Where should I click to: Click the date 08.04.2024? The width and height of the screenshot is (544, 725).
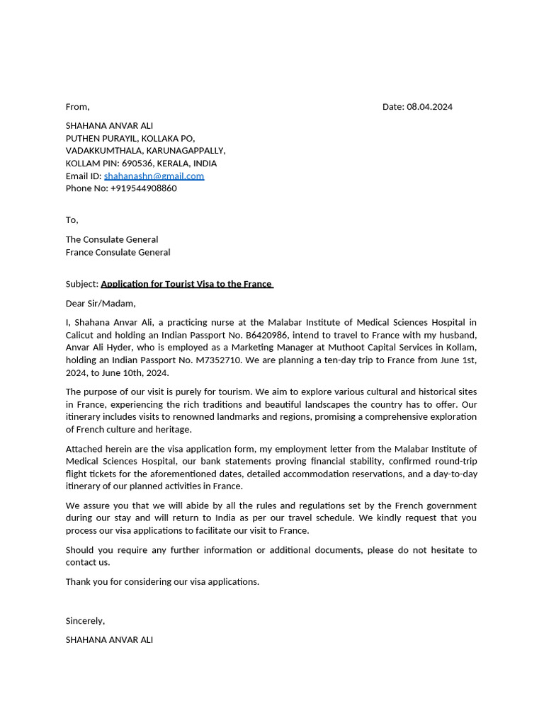pos(429,107)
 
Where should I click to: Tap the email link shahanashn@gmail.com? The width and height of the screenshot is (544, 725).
pos(154,176)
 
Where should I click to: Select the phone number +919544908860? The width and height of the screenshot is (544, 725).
pos(143,188)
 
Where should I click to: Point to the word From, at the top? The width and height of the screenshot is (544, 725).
pos(77,107)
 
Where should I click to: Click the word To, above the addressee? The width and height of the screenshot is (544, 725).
pos(72,220)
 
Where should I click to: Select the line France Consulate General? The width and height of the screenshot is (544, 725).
pos(118,252)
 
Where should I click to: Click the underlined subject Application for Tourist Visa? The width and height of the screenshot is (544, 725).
pos(186,284)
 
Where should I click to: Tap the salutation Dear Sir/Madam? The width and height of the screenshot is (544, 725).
pos(101,304)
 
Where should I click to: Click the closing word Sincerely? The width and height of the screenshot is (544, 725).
pos(85,621)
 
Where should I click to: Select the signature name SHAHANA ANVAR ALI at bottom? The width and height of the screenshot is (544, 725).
pos(109,640)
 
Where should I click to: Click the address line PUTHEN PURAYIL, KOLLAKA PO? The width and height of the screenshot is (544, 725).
pos(130,138)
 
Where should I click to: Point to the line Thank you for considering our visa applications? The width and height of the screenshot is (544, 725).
pos(162,582)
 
